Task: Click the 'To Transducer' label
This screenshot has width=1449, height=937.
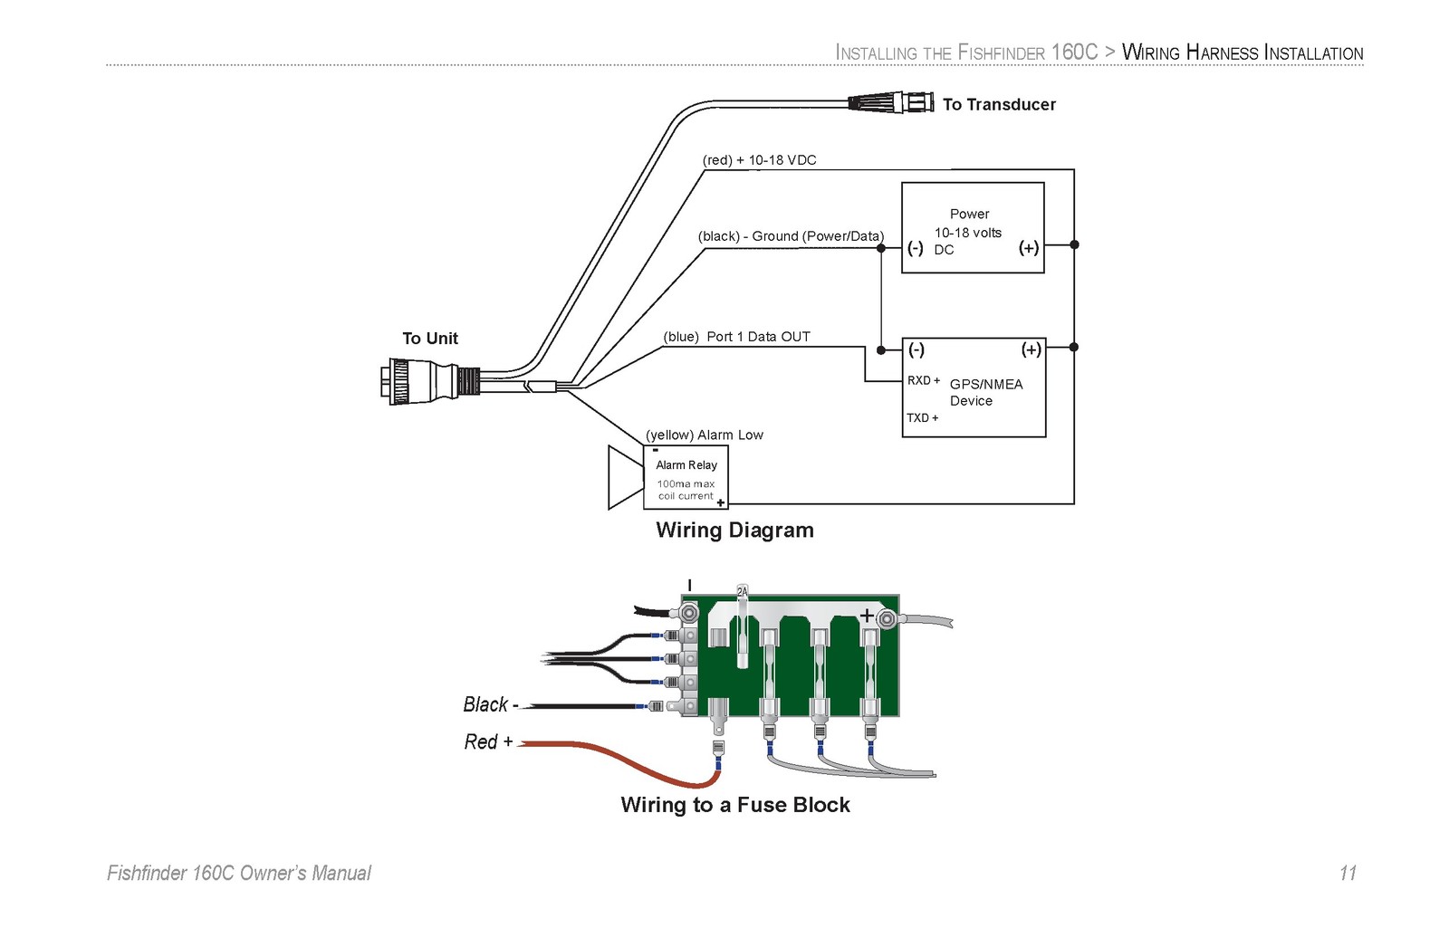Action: [999, 105]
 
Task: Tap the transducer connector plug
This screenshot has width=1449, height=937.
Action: [891, 103]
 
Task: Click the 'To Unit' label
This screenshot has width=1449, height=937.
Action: [430, 339]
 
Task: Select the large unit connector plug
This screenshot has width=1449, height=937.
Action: [430, 381]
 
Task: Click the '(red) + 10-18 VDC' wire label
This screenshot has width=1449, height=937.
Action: [760, 160]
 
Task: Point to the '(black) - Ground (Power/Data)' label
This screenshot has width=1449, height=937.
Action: [791, 236]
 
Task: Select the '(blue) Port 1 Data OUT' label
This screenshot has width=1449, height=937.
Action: [736, 337]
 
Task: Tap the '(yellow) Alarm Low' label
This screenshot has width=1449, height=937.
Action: [705, 435]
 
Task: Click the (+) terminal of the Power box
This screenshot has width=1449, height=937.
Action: [1029, 248]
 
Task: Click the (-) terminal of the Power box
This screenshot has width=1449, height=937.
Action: [916, 248]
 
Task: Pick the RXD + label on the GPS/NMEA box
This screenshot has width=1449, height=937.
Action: [924, 380]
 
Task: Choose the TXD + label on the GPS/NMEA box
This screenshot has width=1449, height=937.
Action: [923, 417]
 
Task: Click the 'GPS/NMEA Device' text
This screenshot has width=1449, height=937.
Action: [986, 393]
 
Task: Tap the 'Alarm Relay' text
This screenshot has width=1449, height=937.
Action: [686, 465]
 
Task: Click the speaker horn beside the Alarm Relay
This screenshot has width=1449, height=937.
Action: [626, 477]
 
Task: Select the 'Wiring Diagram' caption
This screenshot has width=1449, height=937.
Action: [734, 531]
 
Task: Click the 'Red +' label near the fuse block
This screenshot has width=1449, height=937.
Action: [488, 741]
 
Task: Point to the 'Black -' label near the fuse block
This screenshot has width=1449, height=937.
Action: [491, 704]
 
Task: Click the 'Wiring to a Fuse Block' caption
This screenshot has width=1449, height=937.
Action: [735, 805]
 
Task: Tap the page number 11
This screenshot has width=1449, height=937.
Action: [1348, 874]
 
